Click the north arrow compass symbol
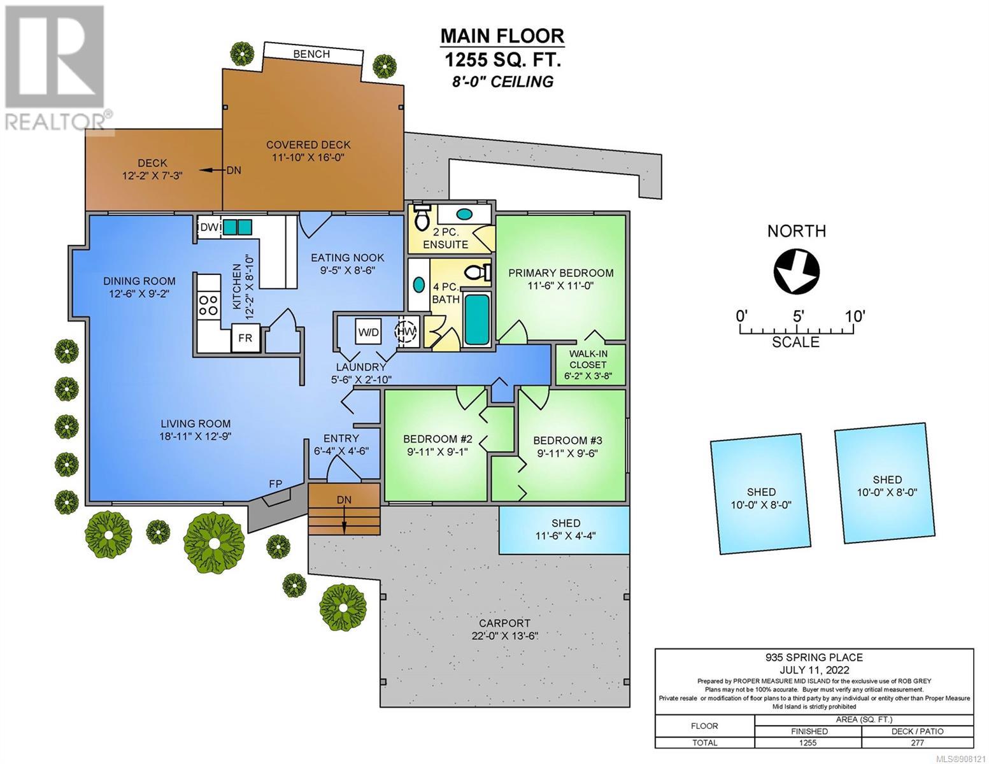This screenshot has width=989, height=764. coord(797,271)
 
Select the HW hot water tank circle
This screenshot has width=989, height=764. coord(405,331)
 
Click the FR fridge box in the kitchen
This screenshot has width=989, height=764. coord(245,337)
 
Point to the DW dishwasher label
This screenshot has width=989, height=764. coord(210,227)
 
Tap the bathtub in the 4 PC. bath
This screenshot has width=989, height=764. coord(477,318)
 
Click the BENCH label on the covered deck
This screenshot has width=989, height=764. coord(311,54)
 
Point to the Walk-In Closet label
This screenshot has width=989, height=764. coord(588,359)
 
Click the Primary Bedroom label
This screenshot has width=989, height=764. coord(560,273)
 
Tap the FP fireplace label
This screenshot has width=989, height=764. coord(275,484)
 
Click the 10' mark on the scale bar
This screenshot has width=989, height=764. coord(854,316)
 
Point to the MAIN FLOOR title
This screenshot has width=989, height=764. coord(502,36)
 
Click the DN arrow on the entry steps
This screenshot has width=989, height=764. coord(344,514)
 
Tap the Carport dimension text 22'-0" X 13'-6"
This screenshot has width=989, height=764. coord(505,635)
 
